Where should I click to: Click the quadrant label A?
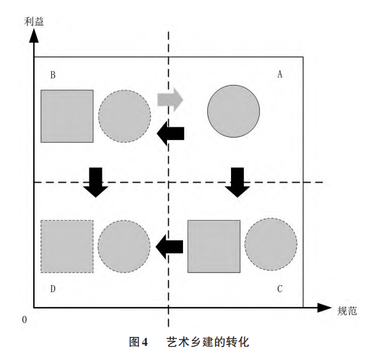tap(280, 74)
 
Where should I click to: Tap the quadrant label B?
tap(53, 75)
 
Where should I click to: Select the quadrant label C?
tap(280, 289)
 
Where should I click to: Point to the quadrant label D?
tap(53, 289)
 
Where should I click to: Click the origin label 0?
tap(24, 320)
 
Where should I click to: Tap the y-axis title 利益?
tap(34, 22)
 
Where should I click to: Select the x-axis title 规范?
tap(347, 311)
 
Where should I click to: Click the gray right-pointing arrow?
tap(170, 100)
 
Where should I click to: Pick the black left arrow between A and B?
tap(170, 134)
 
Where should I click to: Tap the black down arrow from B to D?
tap(95, 182)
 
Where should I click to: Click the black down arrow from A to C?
tap(237, 182)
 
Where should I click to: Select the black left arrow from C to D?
tap(170, 247)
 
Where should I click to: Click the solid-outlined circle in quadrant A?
tap(234, 111)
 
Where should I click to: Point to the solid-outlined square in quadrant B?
tap(67, 116)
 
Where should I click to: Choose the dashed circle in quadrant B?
tap(125, 116)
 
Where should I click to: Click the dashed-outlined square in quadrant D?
tap(67, 246)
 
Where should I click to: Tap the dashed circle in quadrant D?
tap(124, 246)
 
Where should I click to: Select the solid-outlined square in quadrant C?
tap(214, 246)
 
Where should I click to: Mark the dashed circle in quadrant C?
tap(271, 244)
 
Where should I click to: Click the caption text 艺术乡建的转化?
tap(208, 342)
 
